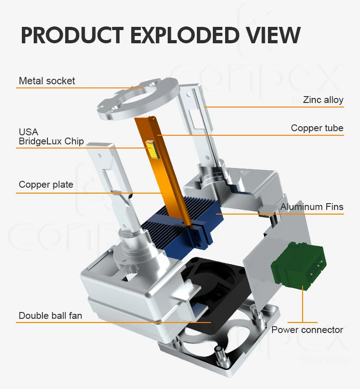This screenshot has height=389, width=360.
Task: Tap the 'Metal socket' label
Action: (x=47, y=81)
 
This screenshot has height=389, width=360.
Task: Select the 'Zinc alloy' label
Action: (x=323, y=100)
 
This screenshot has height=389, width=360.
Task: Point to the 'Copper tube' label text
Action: (x=317, y=128)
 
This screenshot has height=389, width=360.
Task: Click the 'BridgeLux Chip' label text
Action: (x=51, y=141)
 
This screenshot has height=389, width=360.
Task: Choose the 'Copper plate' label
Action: (x=46, y=184)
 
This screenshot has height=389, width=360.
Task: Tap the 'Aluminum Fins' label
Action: (x=312, y=207)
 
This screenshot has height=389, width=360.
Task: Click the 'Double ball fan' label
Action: (x=50, y=315)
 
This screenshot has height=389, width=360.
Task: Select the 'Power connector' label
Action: (x=307, y=330)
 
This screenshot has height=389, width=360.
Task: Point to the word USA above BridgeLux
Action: (x=28, y=132)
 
